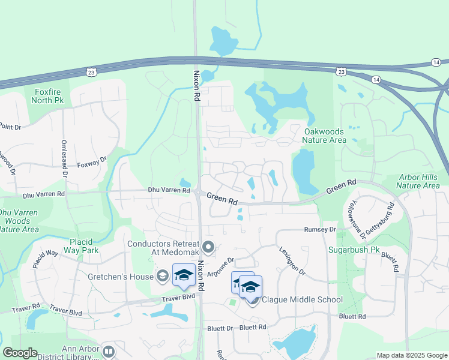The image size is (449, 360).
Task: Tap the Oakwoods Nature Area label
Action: [x=325, y=136]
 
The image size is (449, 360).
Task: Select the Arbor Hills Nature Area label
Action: [x=419, y=181]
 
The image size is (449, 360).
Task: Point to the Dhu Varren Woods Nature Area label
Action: [x=19, y=221]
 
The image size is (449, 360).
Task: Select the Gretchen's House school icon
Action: [x=161, y=276]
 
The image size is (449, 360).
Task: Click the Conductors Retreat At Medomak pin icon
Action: [x=208, y=247]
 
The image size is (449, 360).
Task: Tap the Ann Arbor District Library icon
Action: [x=109, y=352]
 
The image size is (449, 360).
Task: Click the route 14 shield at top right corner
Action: [x=436, y=62]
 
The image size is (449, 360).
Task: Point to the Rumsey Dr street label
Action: [x=320, y=229]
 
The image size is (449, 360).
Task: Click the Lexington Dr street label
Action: [x=292, y=261]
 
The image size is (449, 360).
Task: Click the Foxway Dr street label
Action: [x=92, y=162]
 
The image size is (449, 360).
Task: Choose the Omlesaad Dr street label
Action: [x=64, y=158]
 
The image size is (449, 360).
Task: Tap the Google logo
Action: [x=20, y=353]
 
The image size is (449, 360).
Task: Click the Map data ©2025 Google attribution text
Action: [x=411, y=355]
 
